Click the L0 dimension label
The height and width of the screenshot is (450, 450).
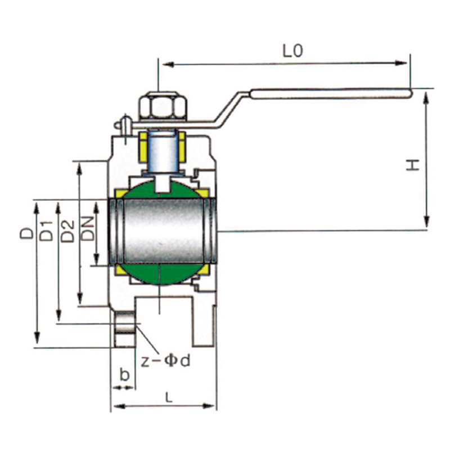coord(292,51)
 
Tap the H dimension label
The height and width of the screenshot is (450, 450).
coord(413,165)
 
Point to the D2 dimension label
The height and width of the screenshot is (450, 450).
coord(68,231)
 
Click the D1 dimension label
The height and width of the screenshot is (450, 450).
coord(47,231)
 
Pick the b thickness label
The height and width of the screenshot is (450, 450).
coord(124,374)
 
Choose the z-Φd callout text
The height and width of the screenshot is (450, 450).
coord(165,361)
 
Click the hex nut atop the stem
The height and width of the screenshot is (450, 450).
coord(163,106)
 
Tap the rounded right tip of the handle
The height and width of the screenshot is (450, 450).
coord(411,93)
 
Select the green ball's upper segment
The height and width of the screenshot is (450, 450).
coord(162,190)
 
